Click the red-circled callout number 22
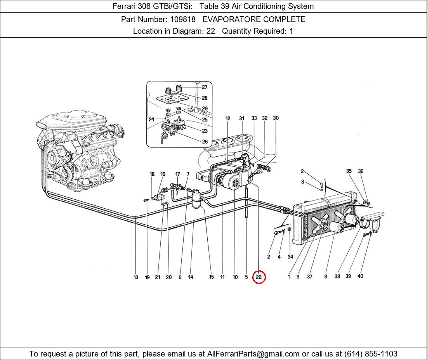[259, 277]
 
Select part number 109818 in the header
[182, 19]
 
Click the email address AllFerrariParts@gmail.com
[253, 354]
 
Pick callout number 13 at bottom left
[136, 277]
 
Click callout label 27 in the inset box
[205, 87]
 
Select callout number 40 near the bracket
[360, 276]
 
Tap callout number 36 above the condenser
[361, 171]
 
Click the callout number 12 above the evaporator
[228, 118]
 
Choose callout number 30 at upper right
[276, 118]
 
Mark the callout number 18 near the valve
[152, 174]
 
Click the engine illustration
[78, 151]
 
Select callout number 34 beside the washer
[290, 256]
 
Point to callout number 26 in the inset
[205, 142]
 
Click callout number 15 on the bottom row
[211, 277]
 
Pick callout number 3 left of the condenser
[302, 182]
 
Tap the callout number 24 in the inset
[151, 119]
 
